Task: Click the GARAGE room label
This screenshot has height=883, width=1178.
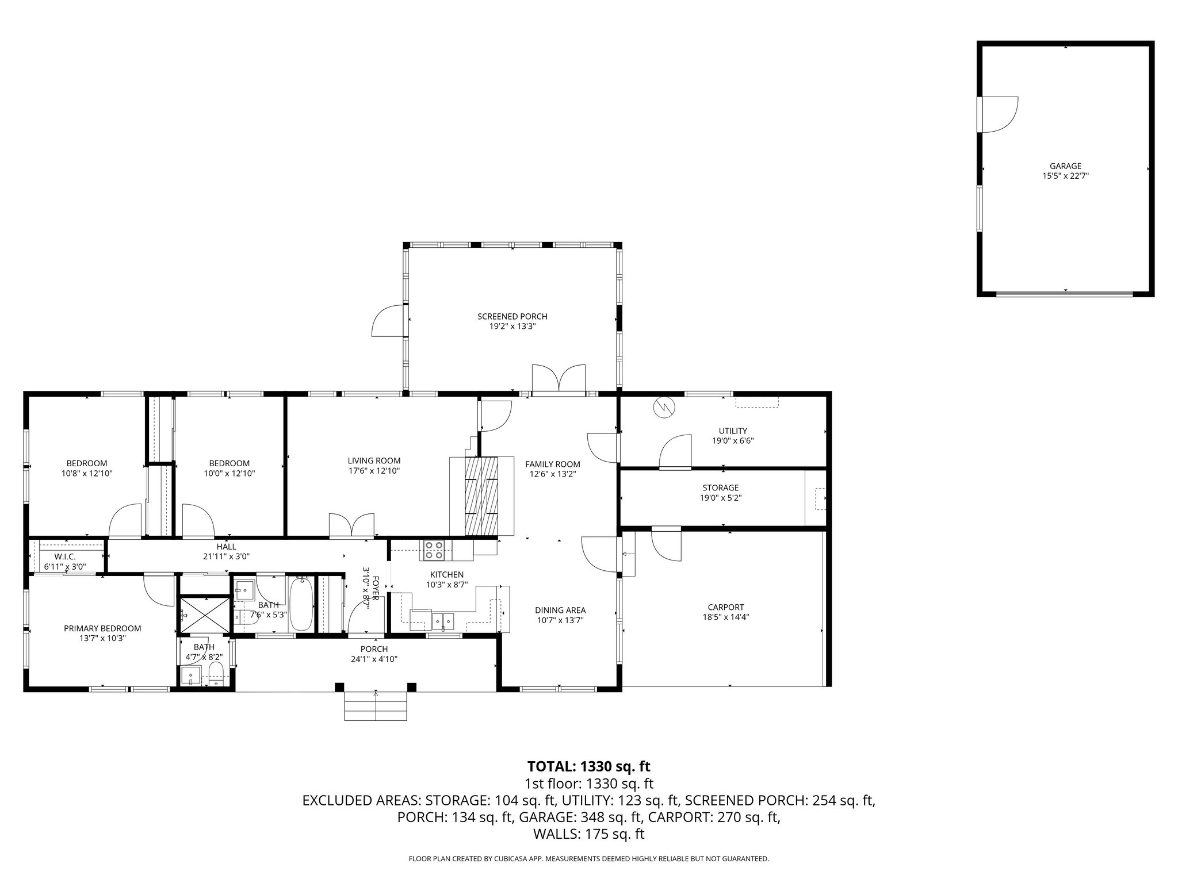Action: point(1065,166)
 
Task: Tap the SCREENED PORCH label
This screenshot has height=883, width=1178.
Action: point(512,316)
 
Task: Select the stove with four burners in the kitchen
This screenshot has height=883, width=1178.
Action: point(433,550)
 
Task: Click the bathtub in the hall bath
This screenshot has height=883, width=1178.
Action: point(301,605)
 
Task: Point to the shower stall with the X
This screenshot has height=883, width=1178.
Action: point(204,615)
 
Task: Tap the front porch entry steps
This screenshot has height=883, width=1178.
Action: point(376,707)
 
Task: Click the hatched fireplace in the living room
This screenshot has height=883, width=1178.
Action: point(481,494)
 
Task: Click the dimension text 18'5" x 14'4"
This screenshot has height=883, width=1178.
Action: point(725,617)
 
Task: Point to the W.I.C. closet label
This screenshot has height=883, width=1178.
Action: point(65,556)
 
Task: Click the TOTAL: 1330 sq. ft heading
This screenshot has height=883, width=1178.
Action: point(588,766)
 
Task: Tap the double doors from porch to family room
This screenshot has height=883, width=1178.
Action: point(559,379)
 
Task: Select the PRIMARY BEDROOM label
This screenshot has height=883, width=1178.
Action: point(102,628)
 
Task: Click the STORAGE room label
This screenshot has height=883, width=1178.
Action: point(720,487)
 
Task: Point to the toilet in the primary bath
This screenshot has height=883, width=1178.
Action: point(216,674)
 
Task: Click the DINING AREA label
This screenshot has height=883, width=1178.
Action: point(560,610)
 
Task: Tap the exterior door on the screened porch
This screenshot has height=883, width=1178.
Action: point(389,320)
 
